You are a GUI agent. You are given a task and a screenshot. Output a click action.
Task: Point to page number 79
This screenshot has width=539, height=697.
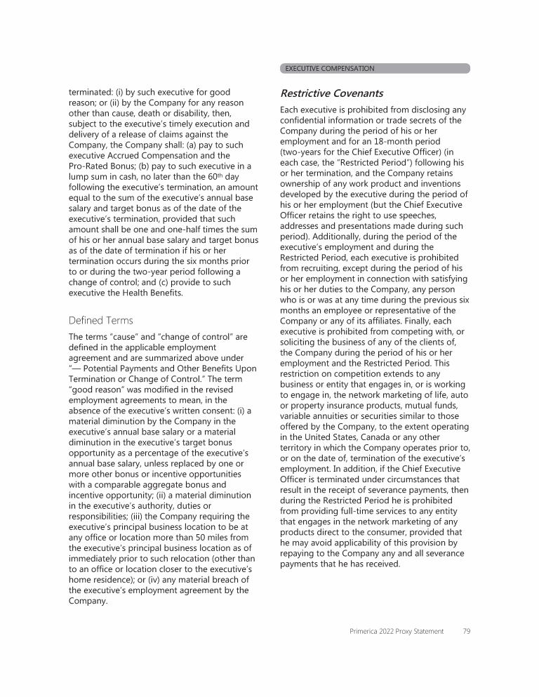(x=466, y=631)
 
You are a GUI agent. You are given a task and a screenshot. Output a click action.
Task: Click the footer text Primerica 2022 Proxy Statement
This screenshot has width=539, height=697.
(x=397, y=631)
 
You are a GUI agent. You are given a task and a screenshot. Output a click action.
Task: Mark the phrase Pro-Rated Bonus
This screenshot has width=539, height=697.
(x=100, y=164)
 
